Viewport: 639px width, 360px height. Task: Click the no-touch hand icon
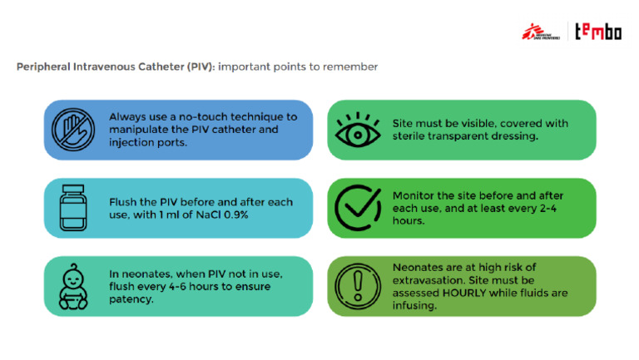tap(73, 130)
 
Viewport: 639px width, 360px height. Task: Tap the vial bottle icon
tap(73, 208)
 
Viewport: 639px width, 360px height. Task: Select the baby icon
tap(73, 286)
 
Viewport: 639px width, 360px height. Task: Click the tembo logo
tap(598, 32)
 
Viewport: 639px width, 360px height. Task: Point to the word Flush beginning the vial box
tap(123, 202)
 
